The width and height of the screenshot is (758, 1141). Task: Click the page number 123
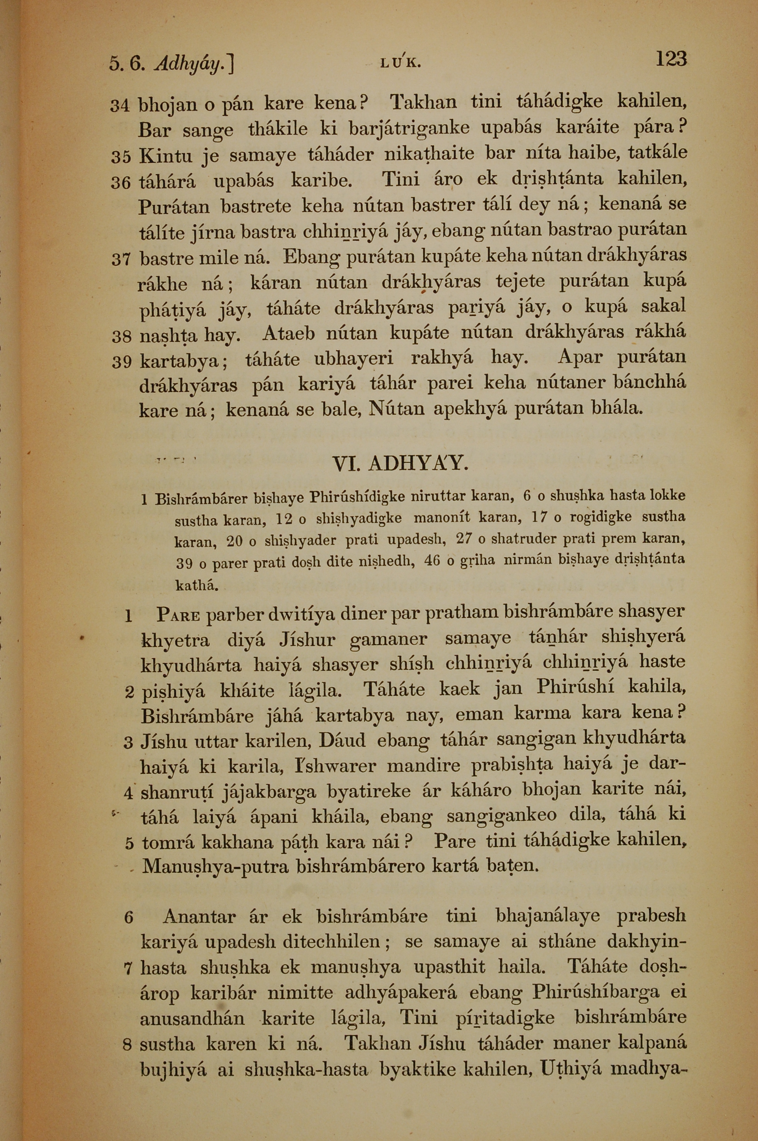(x=670, y=60)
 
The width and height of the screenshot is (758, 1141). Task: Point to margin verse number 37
(x=121, y=260)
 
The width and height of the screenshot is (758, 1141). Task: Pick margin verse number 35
(x=121, y=157)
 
